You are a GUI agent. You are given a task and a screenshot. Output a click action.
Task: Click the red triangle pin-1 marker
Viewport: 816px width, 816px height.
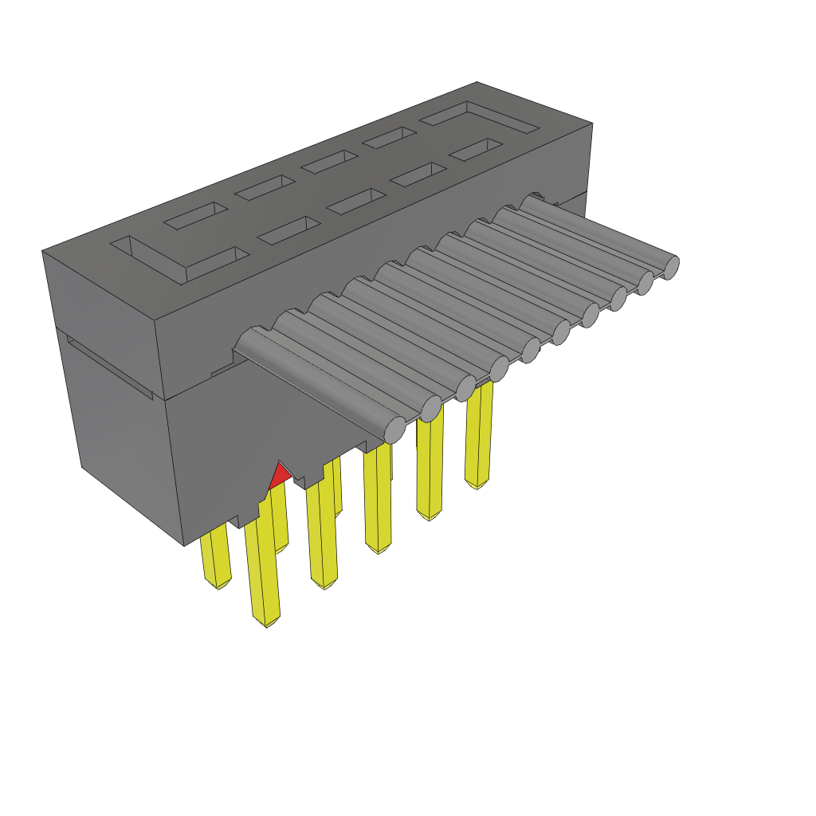pos(278,476)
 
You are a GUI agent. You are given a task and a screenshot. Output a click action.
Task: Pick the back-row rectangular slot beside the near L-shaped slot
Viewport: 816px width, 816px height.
pos(195,214)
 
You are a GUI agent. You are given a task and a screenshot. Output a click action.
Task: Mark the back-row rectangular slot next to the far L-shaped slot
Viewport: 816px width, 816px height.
pos(390,140)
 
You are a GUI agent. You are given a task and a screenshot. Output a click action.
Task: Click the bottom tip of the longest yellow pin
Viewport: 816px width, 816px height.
pos(266,621)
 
